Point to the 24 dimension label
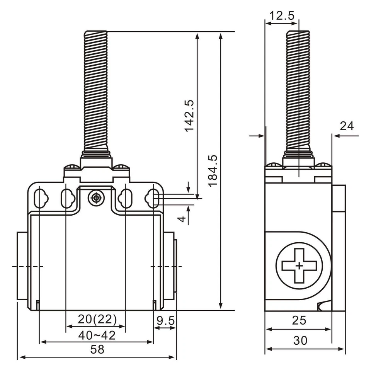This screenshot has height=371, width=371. tap(347, 126)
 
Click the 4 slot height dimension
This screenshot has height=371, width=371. tap(181, 219)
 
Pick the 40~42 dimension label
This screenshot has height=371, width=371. tap(97, 335)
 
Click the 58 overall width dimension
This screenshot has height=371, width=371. tap(97, 350)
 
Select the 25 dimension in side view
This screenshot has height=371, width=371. tap(299, 320)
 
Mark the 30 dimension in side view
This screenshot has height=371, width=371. tap(300, 340)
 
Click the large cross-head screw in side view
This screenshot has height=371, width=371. tap(299, 266)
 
